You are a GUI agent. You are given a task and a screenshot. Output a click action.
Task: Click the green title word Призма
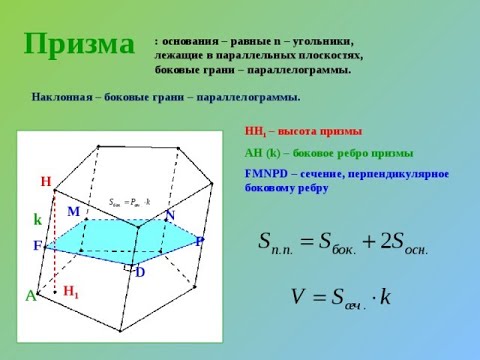tap(79, 43)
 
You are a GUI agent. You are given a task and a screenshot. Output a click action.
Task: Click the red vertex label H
tap(45, 182)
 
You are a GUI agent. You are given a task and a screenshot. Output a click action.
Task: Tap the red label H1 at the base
tap(70, 292)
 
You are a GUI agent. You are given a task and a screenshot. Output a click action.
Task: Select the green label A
tap(30, 297)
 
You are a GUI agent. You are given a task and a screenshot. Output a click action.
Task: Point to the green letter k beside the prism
tap(37, 219)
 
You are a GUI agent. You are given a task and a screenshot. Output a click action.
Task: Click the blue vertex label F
tap(37, 246)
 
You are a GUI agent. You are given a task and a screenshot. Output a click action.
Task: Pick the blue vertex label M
tap(73, 212)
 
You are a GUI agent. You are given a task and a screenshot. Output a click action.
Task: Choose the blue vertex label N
tap(170, 216)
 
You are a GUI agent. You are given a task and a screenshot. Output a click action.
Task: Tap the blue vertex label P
tap(200, 242)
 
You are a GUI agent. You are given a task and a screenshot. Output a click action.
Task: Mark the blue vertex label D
tap(140, 272)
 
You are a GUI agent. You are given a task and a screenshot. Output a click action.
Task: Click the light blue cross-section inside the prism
tap(120, 240)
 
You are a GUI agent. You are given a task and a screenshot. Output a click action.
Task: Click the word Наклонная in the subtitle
tap(61, 97)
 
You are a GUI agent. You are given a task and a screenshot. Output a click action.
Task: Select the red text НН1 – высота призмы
tap(303, 131)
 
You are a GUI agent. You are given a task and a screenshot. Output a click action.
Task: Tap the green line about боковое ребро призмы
tap(329, 153)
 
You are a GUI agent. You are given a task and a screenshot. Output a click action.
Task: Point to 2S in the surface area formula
tap(392, 243)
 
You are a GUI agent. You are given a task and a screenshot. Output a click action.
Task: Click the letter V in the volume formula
tap(298, 297)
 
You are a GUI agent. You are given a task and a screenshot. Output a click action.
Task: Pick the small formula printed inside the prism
tap(129, 202)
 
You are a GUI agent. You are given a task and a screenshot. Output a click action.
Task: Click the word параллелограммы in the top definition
tap(303, 71)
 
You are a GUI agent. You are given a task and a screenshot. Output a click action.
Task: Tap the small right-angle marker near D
tap(128, 268)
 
